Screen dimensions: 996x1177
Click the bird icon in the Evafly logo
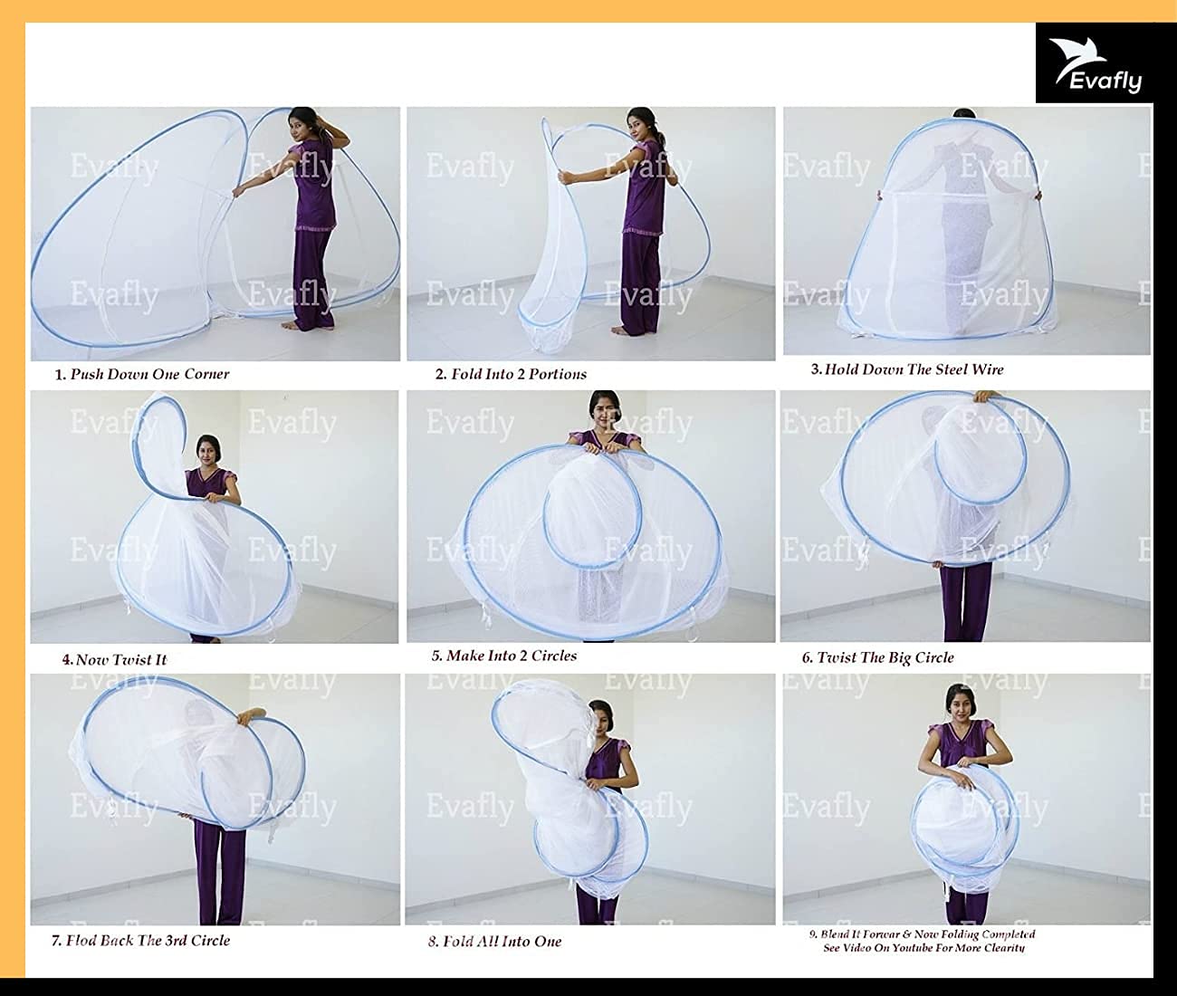point(1069,54)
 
